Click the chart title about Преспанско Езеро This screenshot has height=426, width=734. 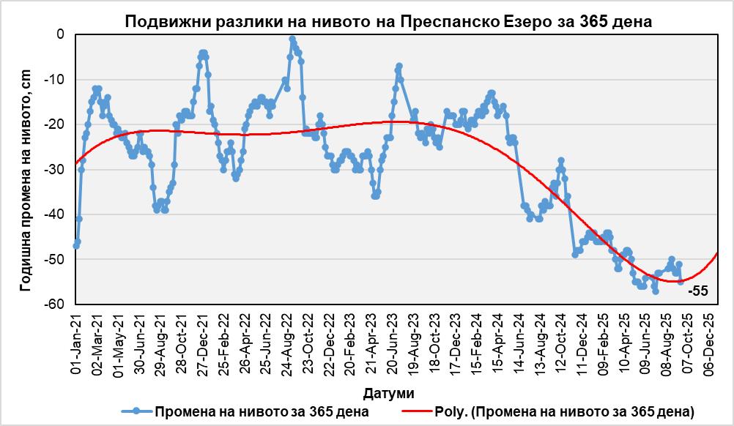[x=388, y=21]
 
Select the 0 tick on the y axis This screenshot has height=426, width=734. [x=59, y=34]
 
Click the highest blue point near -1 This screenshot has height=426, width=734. [x=292, y=39]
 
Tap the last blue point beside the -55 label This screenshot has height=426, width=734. [x=681, y=282]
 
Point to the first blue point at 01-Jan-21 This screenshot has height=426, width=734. [x=75, y=246]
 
